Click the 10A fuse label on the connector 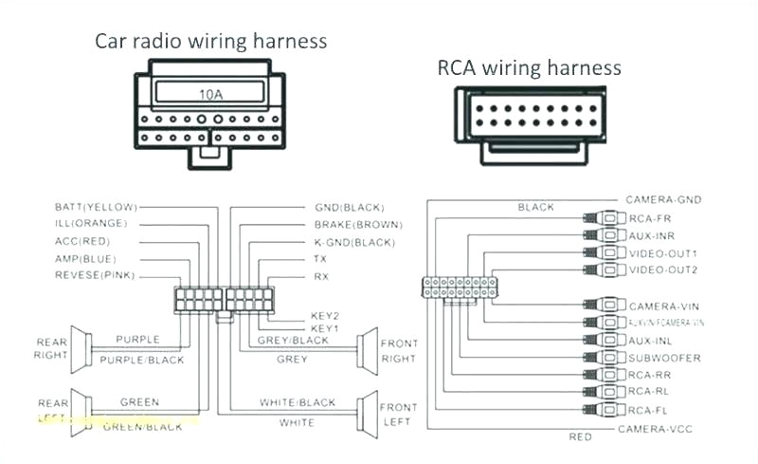click(x=210, y=94)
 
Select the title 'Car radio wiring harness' click(x=210, y=41)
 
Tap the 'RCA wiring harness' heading click(x=529, y=67)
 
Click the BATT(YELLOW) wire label click(x=96, y=206)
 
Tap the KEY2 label click(x=324, y=316)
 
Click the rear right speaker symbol click(x=81, y=347)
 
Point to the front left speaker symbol click(x=364, y=413)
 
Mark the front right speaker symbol click(x=364, y=351)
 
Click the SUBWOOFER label click(x=664, y=358)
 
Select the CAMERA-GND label click(x=661, y=200)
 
